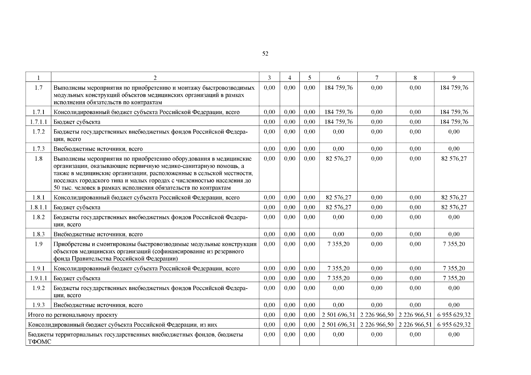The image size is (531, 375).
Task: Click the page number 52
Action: point(265,54)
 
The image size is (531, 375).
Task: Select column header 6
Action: point(338,78)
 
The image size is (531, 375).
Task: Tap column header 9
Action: point(454,78)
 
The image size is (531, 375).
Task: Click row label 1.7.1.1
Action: point(38,122)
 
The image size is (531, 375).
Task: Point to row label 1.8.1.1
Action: point(38,207)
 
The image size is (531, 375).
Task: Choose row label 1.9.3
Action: point(38,305)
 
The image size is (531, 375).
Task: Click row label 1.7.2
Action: point(38,132)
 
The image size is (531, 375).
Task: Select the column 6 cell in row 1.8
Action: point(338,159)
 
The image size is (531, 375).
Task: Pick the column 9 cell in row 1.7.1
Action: point(454,112)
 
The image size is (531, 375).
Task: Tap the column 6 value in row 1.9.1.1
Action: point(338,278)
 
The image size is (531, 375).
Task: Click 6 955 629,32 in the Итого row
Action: point(454,315)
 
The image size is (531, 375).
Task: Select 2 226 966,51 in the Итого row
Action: point(415,315)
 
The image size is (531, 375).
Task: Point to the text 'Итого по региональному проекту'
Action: point(73,315)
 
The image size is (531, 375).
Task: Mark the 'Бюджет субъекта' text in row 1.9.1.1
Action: point(77,278)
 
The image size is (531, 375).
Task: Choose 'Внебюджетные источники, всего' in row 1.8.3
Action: point(98,234)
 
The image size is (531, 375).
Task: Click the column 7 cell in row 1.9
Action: point(377,244)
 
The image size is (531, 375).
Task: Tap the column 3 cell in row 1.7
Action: point(269,88)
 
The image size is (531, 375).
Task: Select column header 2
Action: point(155,78)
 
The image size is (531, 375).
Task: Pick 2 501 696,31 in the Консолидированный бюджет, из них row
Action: point(338,325)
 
